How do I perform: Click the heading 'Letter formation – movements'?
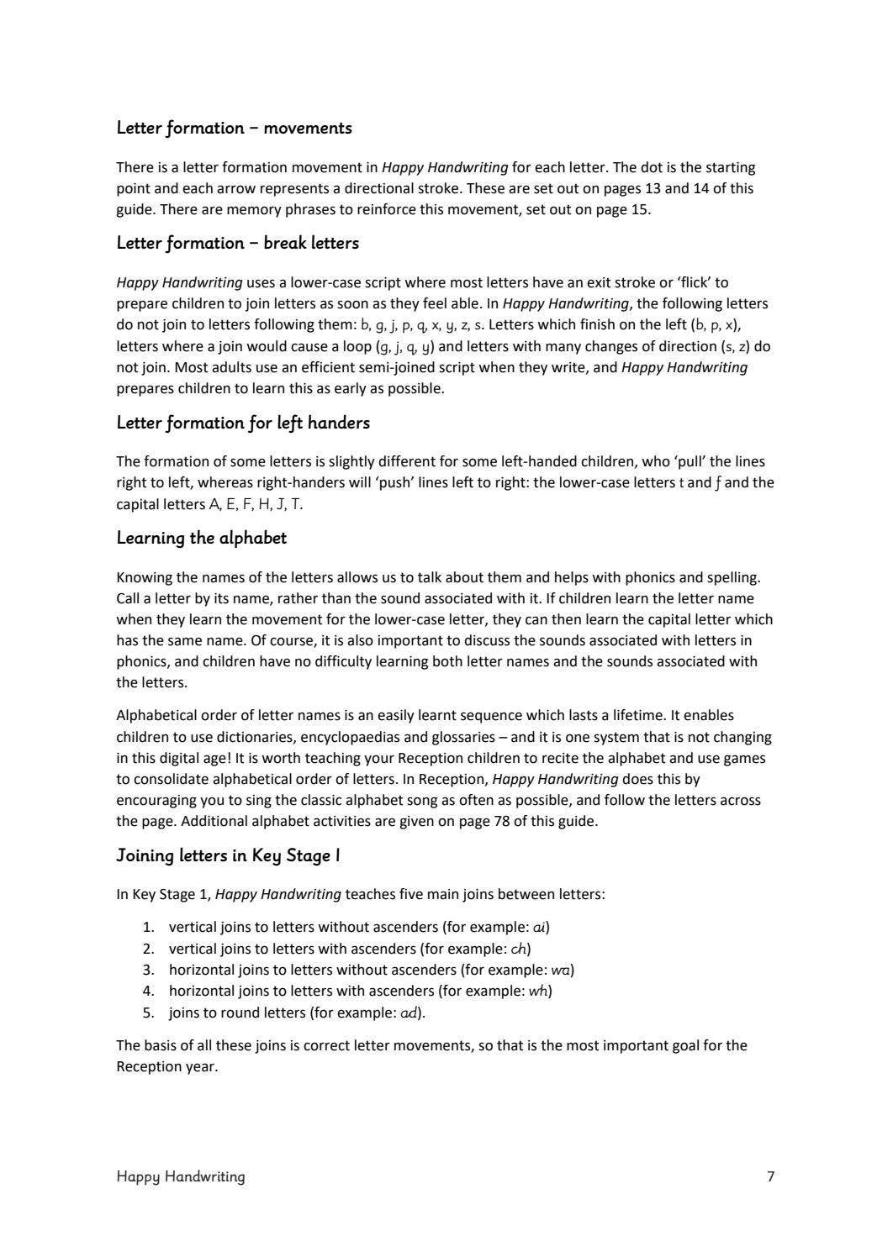[x=234, y=129]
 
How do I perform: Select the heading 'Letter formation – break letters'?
[x=237, y=244]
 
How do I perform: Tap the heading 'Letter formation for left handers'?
[x=243, y=423]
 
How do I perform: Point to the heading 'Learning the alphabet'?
[x=201, y=539]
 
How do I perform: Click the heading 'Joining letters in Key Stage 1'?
[x=228, y=856]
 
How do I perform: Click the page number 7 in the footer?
[x=770, y=1176]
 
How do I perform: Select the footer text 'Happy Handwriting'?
[x=181, y=1176]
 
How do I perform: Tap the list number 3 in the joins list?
[x=148, y=970]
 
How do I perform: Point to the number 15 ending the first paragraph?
[x=639, y=209]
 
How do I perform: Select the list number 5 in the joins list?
[x=148, y=1013]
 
